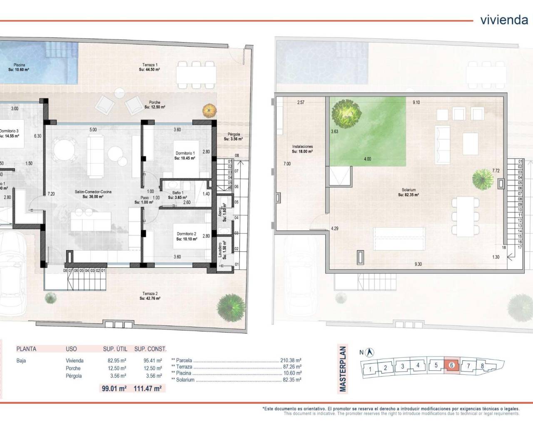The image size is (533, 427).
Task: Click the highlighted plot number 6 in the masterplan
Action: tap(452, 366)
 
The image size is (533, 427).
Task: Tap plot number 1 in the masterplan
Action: tap(370, 369)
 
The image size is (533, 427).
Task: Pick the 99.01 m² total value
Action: tap(114, 389)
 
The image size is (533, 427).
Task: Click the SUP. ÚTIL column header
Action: tap(115, 349)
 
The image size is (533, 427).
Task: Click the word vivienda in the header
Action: tap(504, 20)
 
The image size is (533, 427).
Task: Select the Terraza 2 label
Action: tap(150, 296)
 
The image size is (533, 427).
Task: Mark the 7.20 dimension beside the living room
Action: tap(51, 193)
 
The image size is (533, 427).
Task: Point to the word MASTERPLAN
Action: tap(343, 369)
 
